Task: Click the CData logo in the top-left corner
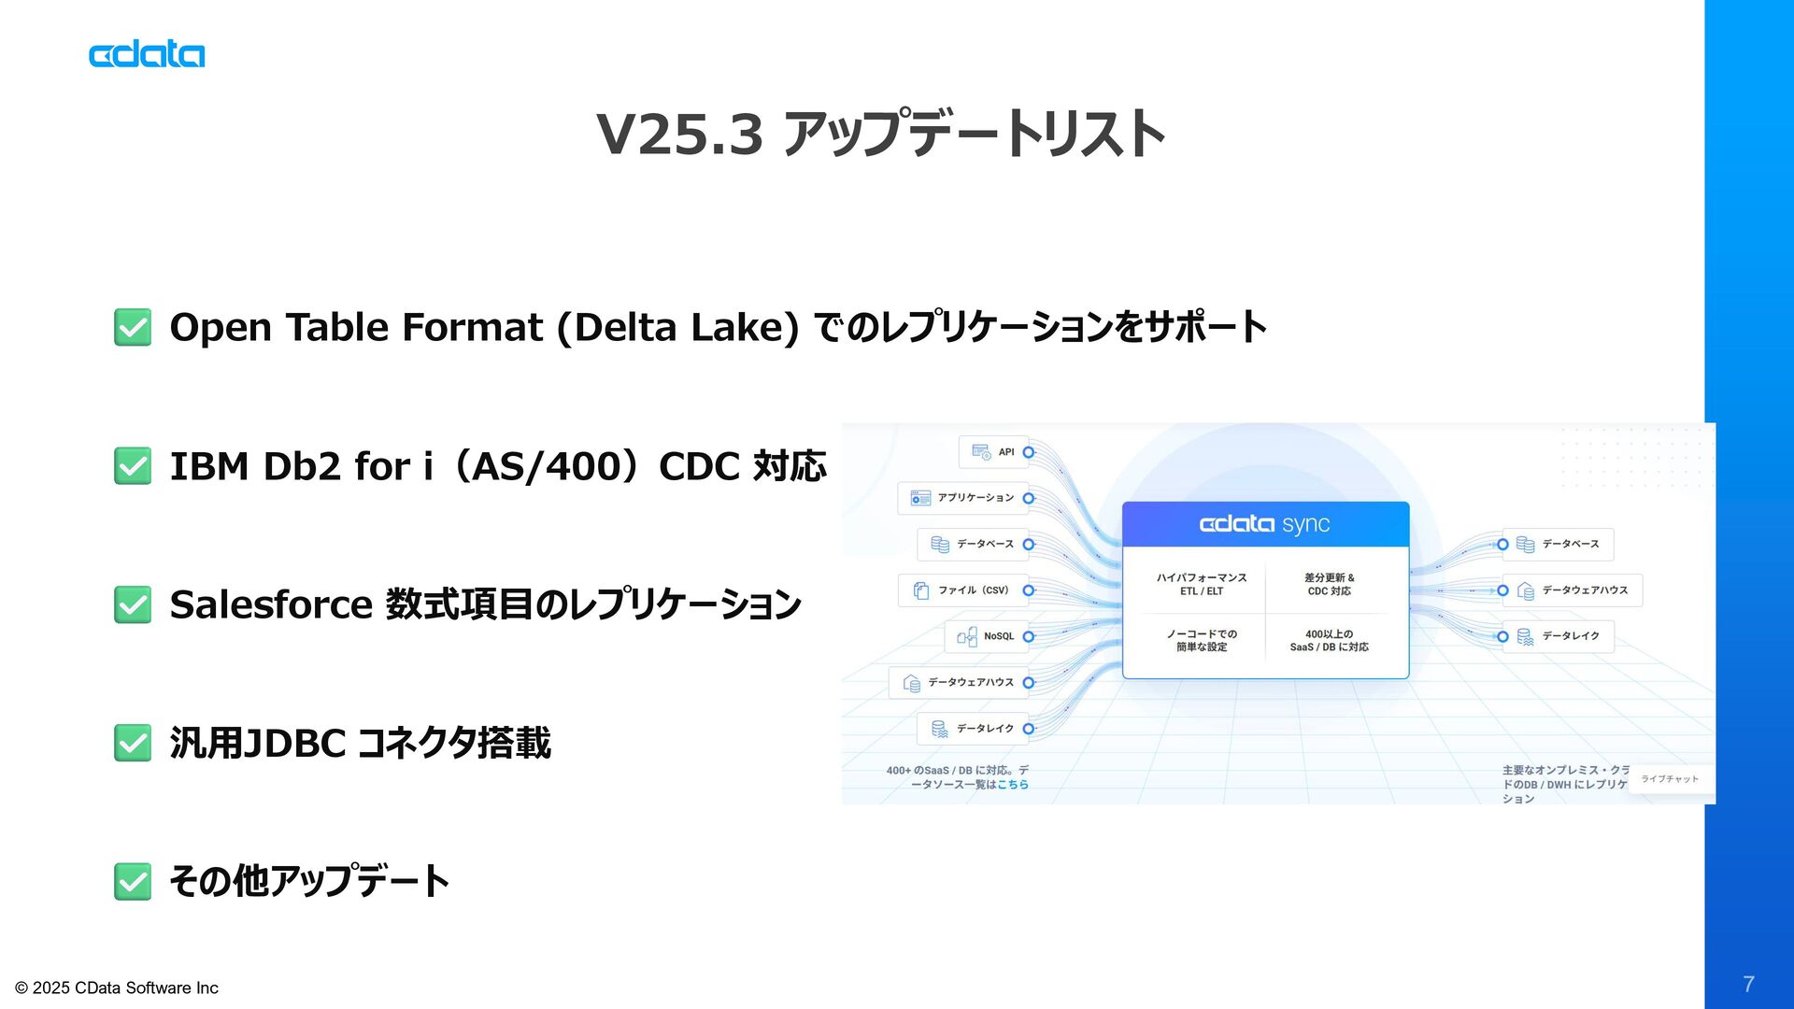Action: [147, 54]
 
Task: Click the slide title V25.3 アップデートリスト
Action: [880, 134]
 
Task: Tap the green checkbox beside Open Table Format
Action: [133, 328]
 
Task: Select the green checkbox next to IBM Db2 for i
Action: [133, 466]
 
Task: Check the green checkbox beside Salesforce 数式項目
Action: [133, 604]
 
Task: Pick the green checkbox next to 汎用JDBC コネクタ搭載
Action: [133, 743]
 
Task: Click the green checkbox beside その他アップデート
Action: [133, 881]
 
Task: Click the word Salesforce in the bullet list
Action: [271, 604]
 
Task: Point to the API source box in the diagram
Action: [994, 452]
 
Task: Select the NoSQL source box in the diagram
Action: [987, 636]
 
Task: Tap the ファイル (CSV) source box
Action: [963, 590]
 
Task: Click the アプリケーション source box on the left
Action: [963, 498]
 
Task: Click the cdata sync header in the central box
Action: [1265, 524]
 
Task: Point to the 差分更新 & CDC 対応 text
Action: [1329, 584]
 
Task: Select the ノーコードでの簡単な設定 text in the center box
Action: [1202, 640]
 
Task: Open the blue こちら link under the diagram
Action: [1012, 785]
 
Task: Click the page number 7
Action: [1748, 984]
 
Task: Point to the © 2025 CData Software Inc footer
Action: [117, 988]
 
